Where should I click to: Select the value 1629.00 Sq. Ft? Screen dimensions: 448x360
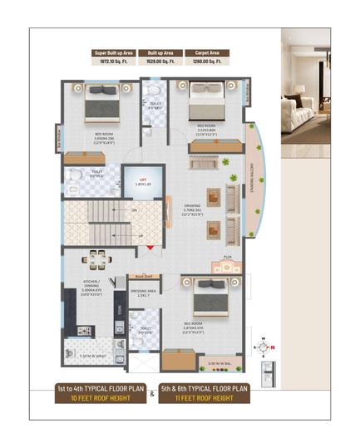(x=155, y=62)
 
